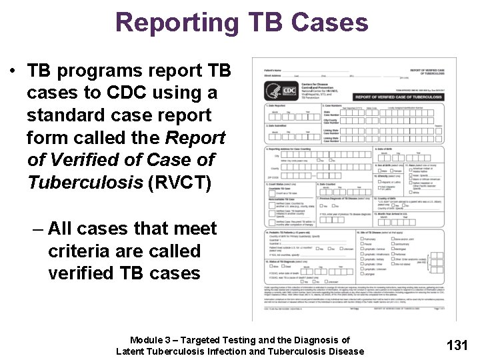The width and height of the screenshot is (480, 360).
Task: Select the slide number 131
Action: click(457, 345)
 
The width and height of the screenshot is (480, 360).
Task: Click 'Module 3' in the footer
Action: click(153, 340)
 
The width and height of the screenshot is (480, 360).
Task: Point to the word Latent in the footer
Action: click(133, 351)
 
